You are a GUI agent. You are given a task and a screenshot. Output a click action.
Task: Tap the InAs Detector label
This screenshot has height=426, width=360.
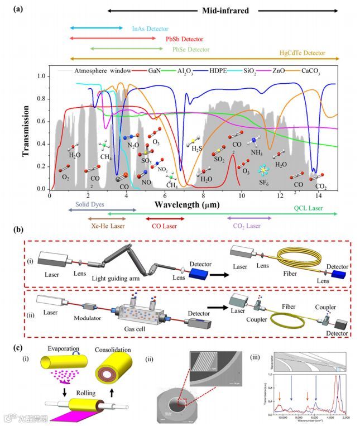pyautogui.click(x=150, y=28)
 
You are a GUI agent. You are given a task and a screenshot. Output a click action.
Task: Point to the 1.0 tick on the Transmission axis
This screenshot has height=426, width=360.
pyautogui.click(x=40, y=75)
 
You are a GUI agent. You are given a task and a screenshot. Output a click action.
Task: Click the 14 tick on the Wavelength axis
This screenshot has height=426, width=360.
pyautogui.click(x=318, y=196)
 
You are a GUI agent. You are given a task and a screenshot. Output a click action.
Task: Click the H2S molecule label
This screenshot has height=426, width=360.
pyautogui.click(x=197, y=149)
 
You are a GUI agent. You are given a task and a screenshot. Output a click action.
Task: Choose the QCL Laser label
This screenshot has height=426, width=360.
pyautogui.click(x=309, y=208)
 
